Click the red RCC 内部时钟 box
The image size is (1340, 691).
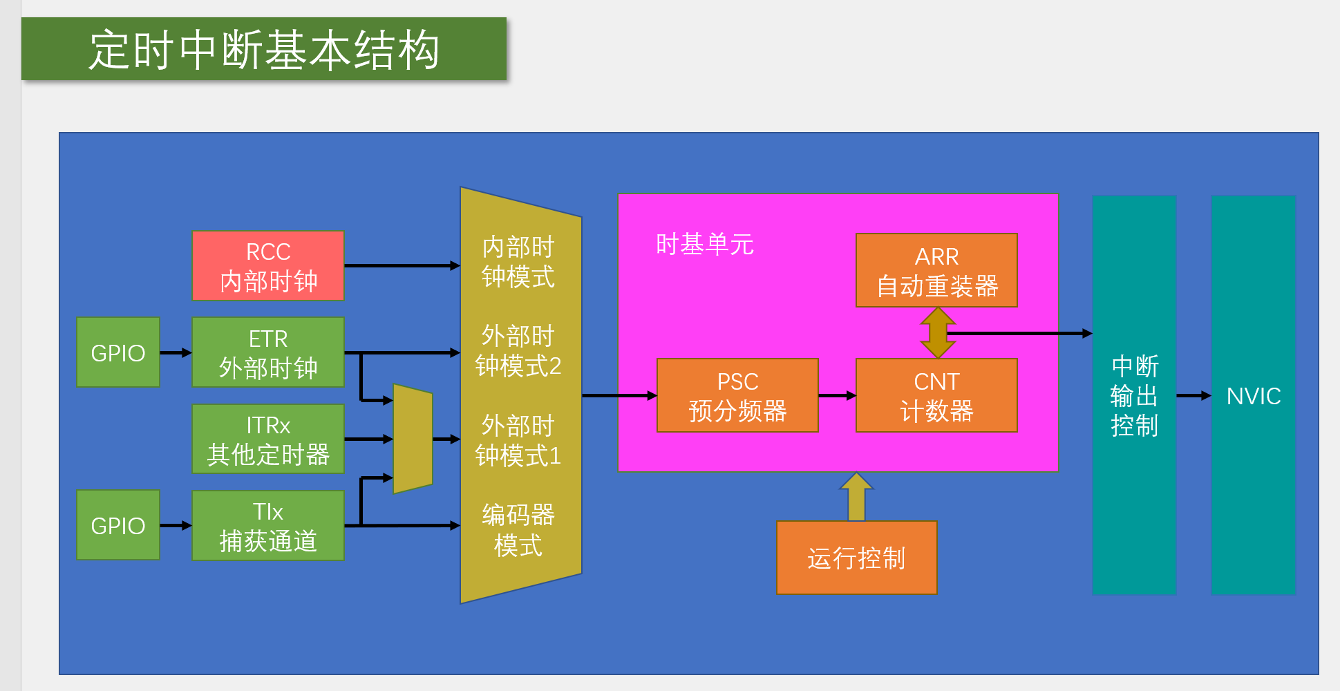click(x=268, y=266)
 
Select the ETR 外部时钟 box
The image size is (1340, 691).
click(x=268, y=352)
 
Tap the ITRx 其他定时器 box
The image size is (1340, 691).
click(x=268, y=439)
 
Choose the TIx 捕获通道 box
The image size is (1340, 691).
click(x=268, y=525)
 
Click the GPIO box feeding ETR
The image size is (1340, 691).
click(x=118, y=352)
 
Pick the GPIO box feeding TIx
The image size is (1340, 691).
click(x=118, y=525)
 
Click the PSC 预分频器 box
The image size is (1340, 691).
click(x=737, y=395)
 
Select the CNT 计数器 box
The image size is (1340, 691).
click(x=936, y=395)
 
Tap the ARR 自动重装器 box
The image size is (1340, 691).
click(x=936, y=270)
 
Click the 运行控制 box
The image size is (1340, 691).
click(x=856, y=558)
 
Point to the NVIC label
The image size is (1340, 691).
click(x=1253, y=396)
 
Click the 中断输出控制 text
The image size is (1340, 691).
click(x=1134, y=396)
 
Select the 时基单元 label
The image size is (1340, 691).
click(x=704, y=245)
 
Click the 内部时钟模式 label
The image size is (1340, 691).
click(x=518, y=262)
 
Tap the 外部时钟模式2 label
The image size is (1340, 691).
click(x=518, y=351)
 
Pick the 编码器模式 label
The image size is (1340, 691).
click(x=518, y=530)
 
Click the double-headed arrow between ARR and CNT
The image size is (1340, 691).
click(x=938, y=332)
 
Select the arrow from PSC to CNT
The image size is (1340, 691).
click(x=837, y=396)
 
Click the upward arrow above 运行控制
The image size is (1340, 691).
click(x=856, y=497)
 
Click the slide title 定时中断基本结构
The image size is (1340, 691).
click(x=264, y=49)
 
